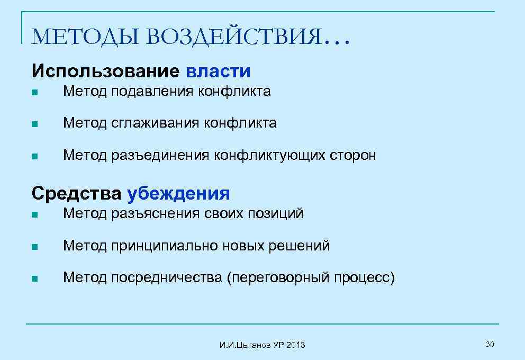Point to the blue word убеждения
point(178,193)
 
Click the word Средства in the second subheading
point(77,193)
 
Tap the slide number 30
point(490,345)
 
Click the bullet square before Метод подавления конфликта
point(34,93)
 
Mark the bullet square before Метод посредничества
point(34,278)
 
